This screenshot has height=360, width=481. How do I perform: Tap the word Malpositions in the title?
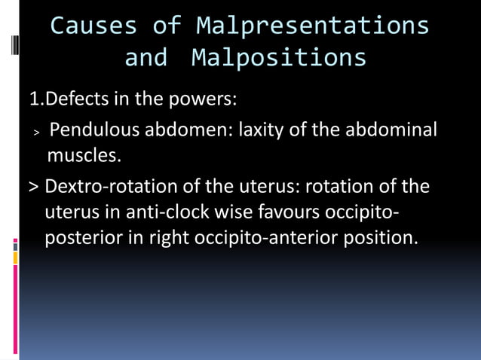(279, 57)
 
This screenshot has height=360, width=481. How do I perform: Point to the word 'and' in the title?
(146, 57)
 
